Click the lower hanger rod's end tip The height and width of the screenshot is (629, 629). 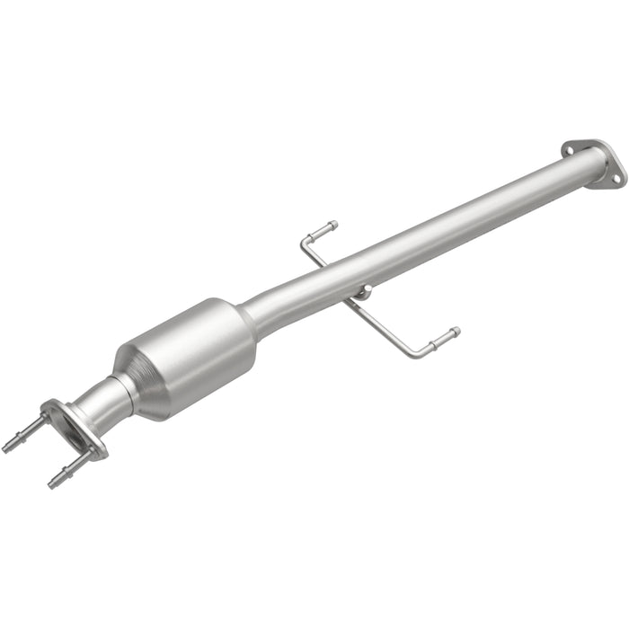(x=456, y=332)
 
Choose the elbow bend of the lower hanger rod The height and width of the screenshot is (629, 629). (x=416, y=353)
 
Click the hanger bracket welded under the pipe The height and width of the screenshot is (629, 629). (x=362, y=292)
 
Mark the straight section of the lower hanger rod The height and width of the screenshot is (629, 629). (x=382, y=324)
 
